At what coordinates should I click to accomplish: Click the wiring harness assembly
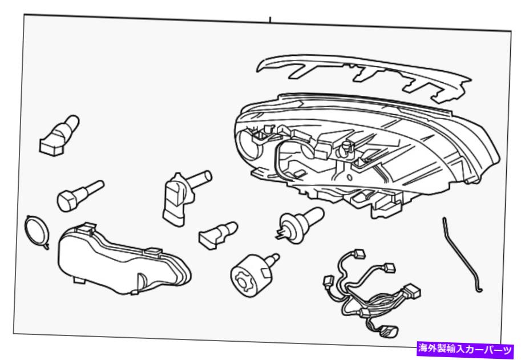click(x=371, y=295)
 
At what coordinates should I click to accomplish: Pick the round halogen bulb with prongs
click(x=299, y=224)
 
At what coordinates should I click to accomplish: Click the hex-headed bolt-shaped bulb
click(x=80, y=196)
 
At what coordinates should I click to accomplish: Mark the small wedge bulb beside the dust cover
click(x=217, y=234)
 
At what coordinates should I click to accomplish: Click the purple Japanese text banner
click(x=466, y=349)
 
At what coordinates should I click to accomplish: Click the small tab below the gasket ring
click(x=46, y=246)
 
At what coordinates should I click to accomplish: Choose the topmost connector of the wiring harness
click(x=360, y=253)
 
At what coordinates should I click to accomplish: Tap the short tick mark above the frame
click(x=270, y=19)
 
